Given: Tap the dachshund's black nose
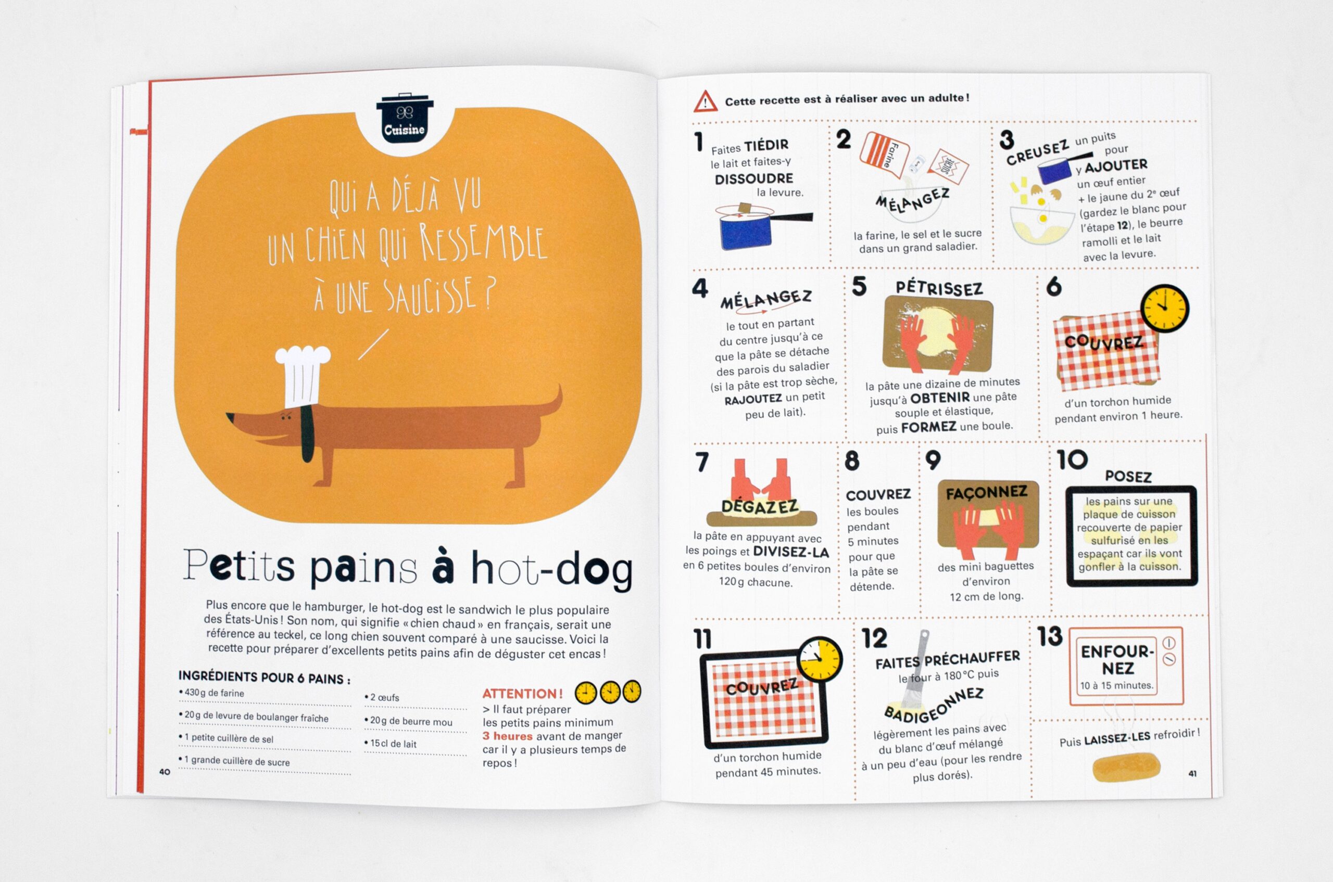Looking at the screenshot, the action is [230, 416].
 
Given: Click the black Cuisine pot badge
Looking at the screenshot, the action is [405, 119].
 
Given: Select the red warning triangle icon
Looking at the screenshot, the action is [705, 102].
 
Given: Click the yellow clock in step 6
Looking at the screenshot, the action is [1164, 308].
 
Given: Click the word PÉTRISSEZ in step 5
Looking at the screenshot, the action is [939, 288].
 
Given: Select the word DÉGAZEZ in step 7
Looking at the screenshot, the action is [760, 507].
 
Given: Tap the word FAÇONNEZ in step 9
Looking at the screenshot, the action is [987, 493].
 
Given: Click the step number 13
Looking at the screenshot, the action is [1050, 636].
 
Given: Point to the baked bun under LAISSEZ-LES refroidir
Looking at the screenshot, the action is [1126, 766].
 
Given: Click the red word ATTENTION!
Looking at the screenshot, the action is [522, 694].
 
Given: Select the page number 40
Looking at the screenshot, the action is [165, 772].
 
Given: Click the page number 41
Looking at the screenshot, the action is [1192, 773].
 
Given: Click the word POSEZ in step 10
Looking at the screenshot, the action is [1128, 477].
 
